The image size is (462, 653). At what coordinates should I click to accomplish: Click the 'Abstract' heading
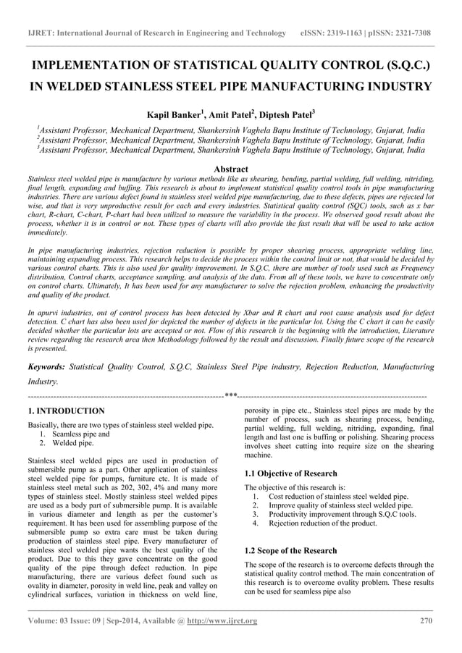231,169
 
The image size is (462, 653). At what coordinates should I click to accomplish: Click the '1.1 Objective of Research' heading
291,473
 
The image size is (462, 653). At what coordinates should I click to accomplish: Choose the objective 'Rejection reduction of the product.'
322,523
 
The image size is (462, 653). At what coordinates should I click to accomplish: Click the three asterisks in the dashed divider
231,396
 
